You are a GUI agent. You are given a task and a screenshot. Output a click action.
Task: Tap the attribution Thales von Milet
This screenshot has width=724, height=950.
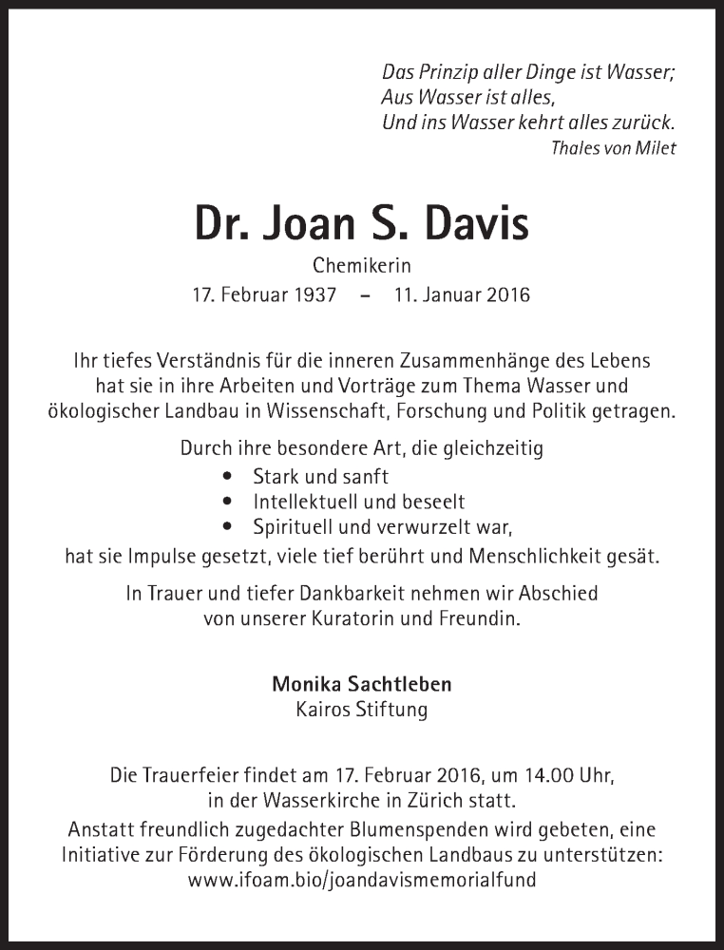click(x=613, y=148)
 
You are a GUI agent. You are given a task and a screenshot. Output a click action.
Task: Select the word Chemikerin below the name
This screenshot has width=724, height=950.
click(x=362, y=267)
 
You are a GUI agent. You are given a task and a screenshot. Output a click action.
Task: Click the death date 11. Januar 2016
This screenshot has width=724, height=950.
click(x=462, y=294)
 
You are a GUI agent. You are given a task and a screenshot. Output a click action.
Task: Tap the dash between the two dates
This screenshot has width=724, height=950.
click(x=365, y=295)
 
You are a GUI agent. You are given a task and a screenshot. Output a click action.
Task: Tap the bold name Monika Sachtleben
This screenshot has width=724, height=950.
click(x=362, y=683)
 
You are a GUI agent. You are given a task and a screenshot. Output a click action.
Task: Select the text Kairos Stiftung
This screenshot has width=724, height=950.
click(x=362, y=709)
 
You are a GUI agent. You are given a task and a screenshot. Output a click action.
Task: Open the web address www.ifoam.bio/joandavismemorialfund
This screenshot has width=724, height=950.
click(x=362, y=880)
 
